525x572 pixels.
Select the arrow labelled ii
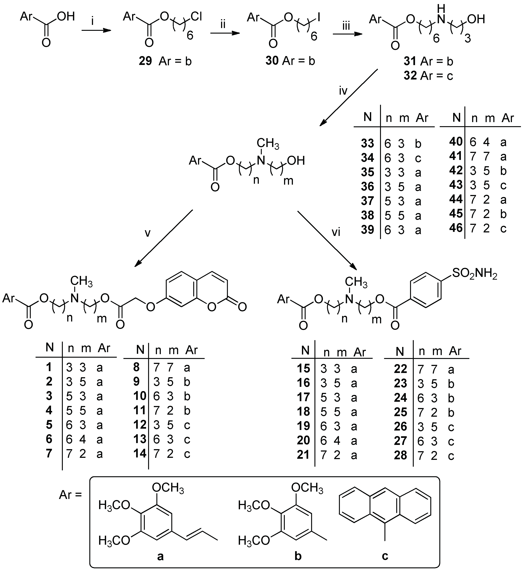point(225,33)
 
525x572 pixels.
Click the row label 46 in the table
point(456,228)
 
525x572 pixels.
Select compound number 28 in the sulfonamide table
point(400,455)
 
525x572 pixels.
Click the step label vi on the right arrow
point(336,232)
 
